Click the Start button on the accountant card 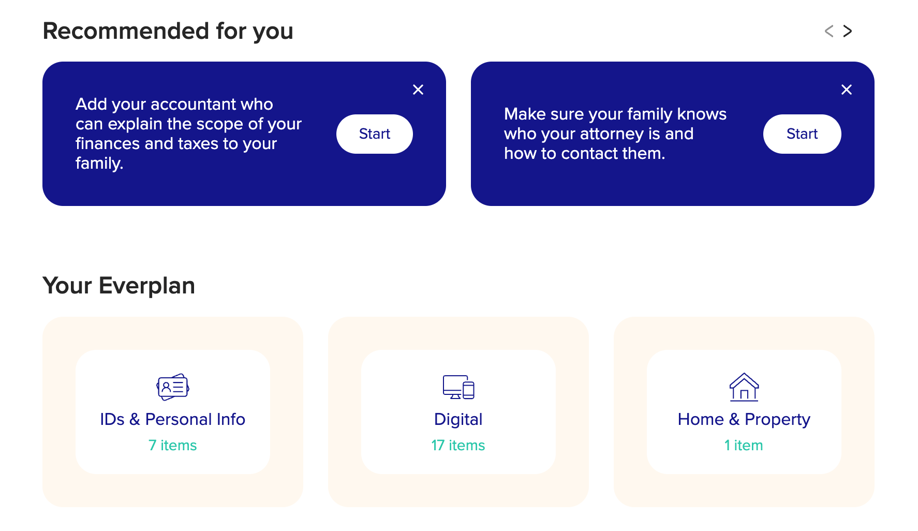point(374,134)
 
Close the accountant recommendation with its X point(418,90)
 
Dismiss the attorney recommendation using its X point(847,90)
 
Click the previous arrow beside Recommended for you point(829,32)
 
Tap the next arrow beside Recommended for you point(848,32)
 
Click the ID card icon point(173,387)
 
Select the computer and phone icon point(458,387)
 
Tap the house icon point(744,387)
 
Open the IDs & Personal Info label point(173,419)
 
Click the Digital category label point(458,419)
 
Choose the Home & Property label point(744,419)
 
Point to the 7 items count point(173,445)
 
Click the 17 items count point(458,445)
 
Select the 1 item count point(744,445)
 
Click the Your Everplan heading point(119,286)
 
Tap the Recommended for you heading point(168,31)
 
